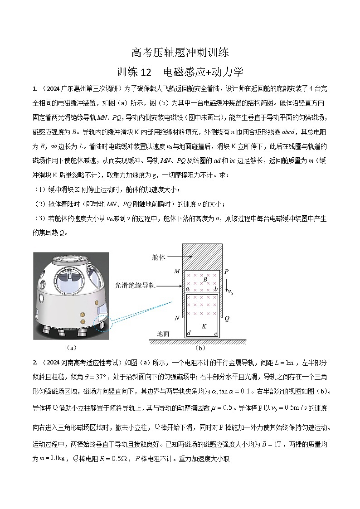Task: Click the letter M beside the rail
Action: [177, 271]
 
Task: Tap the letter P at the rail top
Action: [227, 271]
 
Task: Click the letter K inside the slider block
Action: [204, 326]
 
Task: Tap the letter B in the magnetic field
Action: [205, 280]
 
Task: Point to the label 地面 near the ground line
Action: [163, 334]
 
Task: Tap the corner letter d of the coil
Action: [188, 334]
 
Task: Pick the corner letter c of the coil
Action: [216, 334]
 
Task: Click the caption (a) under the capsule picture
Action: [71, 348]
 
